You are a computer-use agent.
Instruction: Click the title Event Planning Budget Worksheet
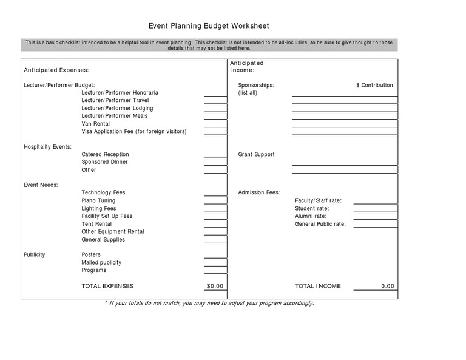click(x=209, y=26)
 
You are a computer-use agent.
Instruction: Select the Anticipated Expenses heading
click(x=56, y=70)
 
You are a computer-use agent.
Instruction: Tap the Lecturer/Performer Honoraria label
click(x=120, y=93)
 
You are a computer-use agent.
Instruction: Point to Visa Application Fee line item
click(x=133, y=131)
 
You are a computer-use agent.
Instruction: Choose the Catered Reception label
click(x=105, y=155)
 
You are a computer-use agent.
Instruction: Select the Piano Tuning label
click(x=98, y=200)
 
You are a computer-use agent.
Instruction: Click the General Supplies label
click(x=103, y=239)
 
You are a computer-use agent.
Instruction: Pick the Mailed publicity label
click(x=101, y=263)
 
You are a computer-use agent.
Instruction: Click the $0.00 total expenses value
click(x=215, y=286)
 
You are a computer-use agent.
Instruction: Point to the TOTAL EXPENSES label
click(x=107, y=286)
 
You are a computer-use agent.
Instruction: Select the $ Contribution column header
click(x=374, y=86)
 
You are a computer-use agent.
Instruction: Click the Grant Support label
click(x=256, y=155)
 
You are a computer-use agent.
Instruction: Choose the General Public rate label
click(x=320, y=224)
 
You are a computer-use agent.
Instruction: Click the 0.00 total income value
click(x=387, y=286)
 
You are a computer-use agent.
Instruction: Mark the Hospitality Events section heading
click(x=47, y=147)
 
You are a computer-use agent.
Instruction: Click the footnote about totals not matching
click(x=209, y=303)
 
